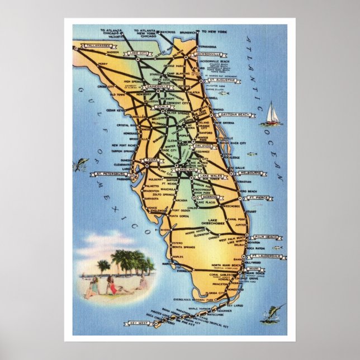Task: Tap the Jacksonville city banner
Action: tap(209, 54)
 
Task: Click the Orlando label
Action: tap(205, 146)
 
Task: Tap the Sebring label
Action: tap(210, 198)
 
